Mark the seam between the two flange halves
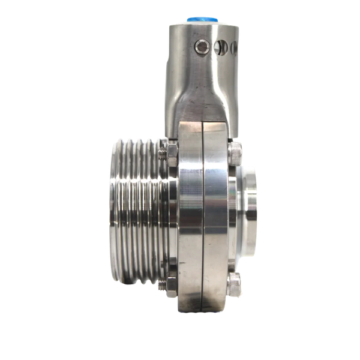(203, 216)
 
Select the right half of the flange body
(215, 228)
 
